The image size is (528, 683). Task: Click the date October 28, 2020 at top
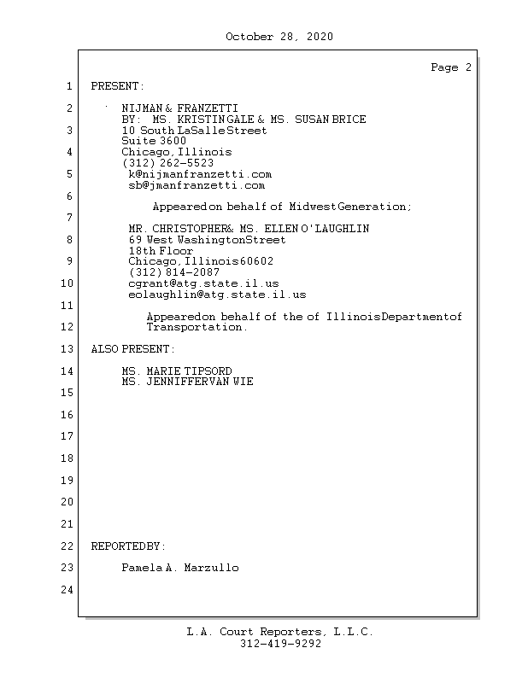click(279, 37)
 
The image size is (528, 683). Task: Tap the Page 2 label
click(450, 67)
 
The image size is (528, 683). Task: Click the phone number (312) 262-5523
click(167, 162)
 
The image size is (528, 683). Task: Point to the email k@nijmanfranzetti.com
click(200, 174)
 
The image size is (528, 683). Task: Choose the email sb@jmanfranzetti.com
click(197, 184)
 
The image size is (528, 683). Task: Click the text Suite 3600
click(154, 141)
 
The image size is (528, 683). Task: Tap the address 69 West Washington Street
click(207, 240)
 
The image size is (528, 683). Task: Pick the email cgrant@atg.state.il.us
click(203, 283)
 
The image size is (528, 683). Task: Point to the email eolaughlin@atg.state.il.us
click(217, 295)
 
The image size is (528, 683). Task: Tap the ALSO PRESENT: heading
click(132, 349)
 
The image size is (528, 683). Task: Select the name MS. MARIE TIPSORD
click(177, 371)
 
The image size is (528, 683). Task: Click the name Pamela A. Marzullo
click(180, 568)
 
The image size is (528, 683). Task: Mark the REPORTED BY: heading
click(128, 546)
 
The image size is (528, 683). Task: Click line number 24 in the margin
click(68, 590)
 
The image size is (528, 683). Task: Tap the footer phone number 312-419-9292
click(280, 645)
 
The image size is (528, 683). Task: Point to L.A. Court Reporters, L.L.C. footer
click(280, 633)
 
